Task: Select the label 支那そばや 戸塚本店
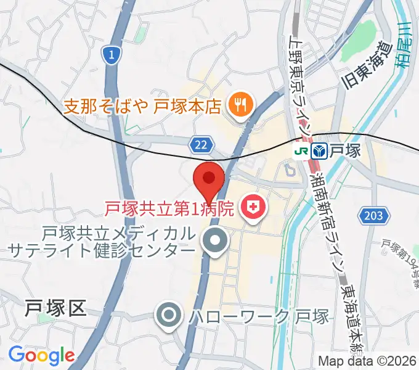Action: (x=142, y=106)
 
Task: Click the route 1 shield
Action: (x=110, y=55)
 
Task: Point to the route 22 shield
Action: (x=199, y=144)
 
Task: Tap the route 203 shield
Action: (x=373, y=216)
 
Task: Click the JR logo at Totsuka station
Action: (x=301, y=150)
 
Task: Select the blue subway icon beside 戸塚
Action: (x=319, y=150)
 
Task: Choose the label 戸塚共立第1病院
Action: (x=169, y=208)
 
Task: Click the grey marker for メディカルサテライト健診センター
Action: (x=215, y=242)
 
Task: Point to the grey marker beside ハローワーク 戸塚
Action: (x=169, y=318)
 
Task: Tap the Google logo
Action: (x=41, y=355)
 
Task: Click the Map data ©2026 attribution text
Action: (x=366, y=361)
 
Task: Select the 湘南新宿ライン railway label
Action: (x=329, y=225)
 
